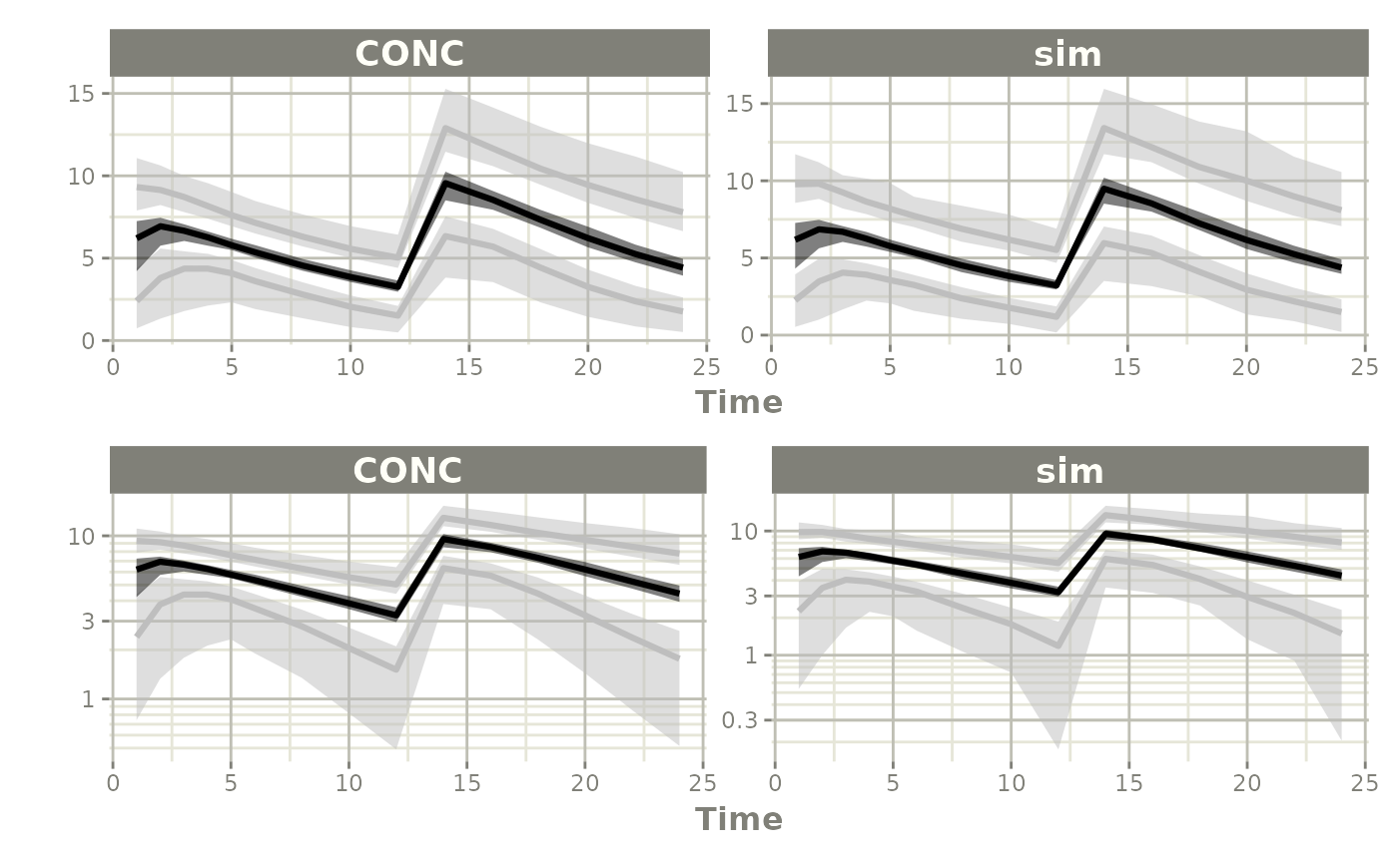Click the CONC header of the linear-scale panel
(x=409, y=53)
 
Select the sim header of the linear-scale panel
(x=1067, y=53)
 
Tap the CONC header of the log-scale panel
(x=407, y=470)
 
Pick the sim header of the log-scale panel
(x=1069, y=470)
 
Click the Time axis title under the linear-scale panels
(x=739, y=402)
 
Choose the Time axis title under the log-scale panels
(x=739, y=819)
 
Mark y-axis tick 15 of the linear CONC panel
(x=83, y=93)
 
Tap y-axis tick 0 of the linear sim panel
(x=748, y=335)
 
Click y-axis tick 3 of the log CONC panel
(x=89, y=622)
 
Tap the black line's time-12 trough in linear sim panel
(x=1056, y=285)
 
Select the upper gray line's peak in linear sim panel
(x=1103, y=127)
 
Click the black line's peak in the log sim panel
(x=1104, y=534)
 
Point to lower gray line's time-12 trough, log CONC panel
(x=396, y=668)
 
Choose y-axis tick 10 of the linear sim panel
(x=742, y=181)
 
